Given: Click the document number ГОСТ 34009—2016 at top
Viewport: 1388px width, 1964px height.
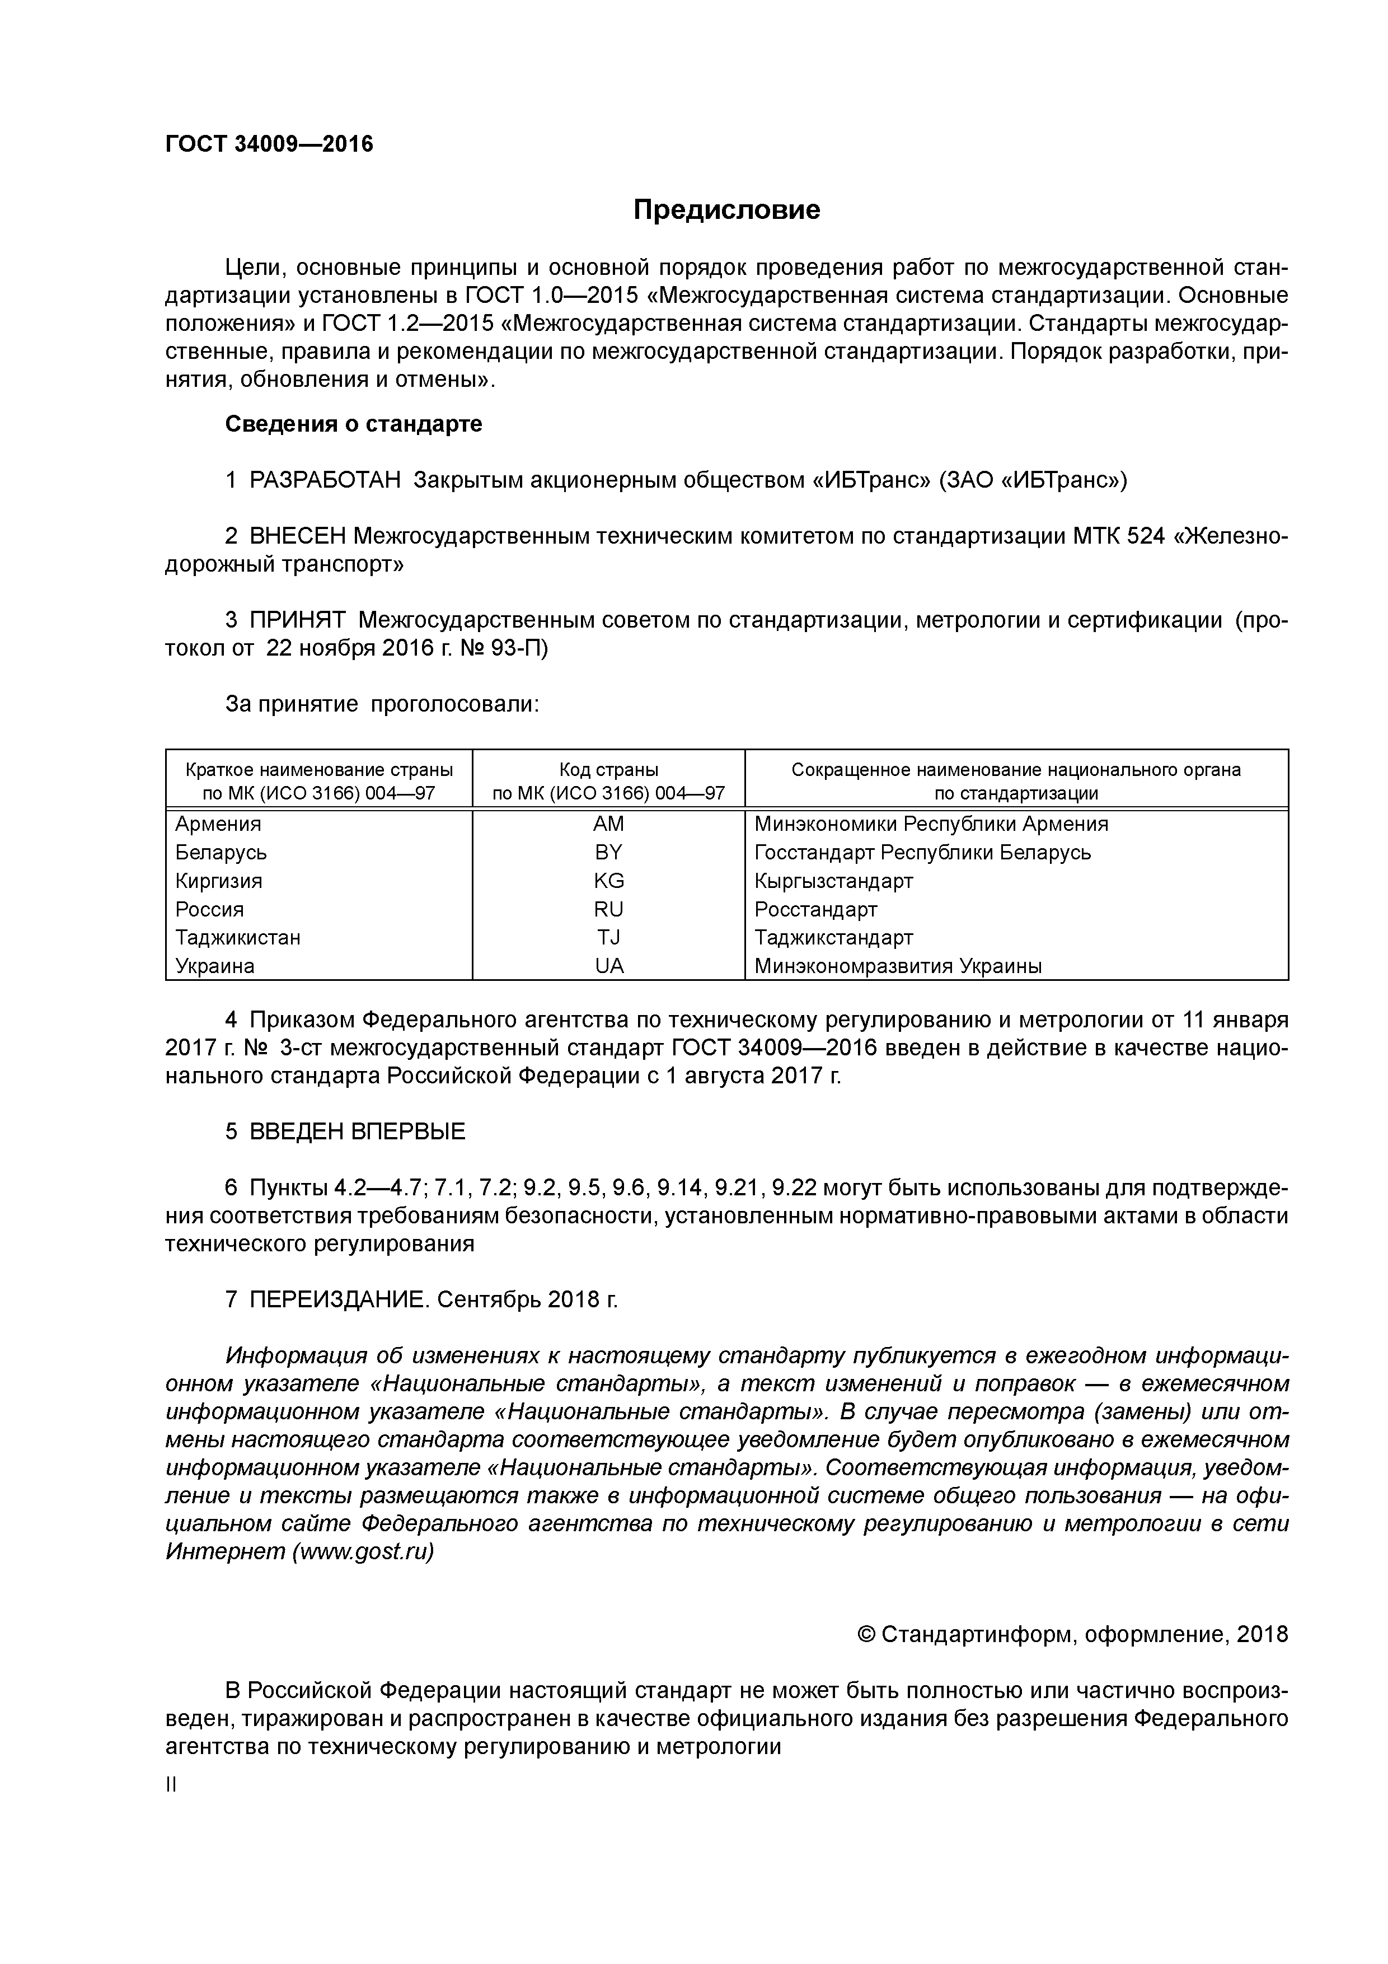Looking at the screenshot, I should pyautogui.click(x=269, y=144).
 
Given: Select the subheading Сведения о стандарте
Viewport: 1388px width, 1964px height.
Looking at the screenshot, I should pyautogui.click(x=353, y=424).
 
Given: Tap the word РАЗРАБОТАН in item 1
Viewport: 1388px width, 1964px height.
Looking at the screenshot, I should pyautogui.click(x=325, y=481).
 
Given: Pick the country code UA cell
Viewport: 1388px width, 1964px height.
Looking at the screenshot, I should pyautogui.click(x=609, y=966).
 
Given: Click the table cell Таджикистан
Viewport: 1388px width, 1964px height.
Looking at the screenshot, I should pyautogui.click(x=238, y=938).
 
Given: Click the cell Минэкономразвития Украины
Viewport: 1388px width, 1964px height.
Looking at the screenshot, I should pyautogui.click(x=897, y=966).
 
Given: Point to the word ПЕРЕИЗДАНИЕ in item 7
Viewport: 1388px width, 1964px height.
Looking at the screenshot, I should pyautogui.click(x=339, y=1299).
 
